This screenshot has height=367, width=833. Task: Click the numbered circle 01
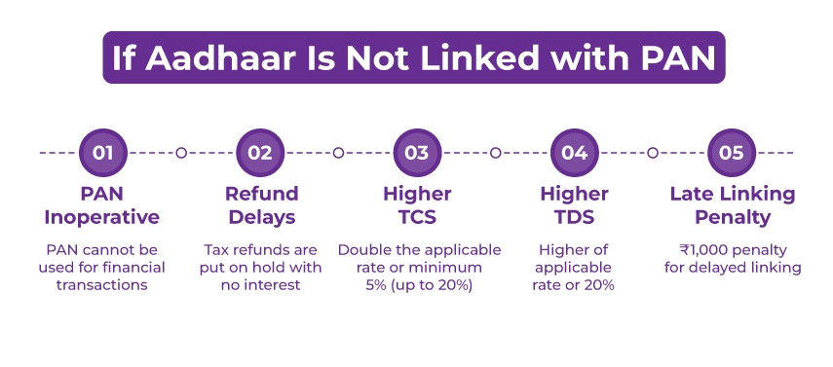pos(102,153)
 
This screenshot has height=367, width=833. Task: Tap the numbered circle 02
pos(260,153)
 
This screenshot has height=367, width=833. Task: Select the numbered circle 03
pos(417,153)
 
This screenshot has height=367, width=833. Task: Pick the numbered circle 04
pos(574,153)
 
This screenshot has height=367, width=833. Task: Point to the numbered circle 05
pos(732,153)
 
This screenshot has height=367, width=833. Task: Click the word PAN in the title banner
pos(668,57)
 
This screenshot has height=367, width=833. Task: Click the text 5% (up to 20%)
pos(417,284)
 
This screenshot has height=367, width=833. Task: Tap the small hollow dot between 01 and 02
pos(181,153)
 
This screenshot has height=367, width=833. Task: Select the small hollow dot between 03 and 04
pos(496,153)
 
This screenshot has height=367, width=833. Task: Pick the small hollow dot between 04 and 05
pos(653,153)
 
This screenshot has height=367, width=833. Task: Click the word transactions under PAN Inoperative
pos(102,284)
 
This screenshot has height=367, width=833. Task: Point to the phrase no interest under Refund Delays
pos(261,284)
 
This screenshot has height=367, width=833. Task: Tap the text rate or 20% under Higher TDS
pos(574,284)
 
